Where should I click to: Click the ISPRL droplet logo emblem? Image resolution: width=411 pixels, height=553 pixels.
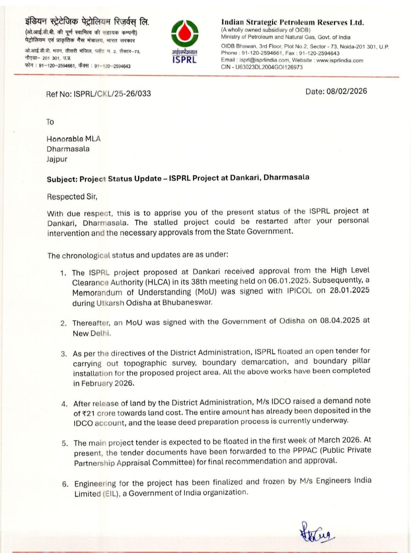185,34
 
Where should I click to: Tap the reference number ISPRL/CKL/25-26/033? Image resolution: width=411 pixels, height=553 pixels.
112,94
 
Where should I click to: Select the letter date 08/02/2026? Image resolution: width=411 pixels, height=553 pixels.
347,91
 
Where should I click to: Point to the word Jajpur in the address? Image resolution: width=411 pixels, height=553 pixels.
57,159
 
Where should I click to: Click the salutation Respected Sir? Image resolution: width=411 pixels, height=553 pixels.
72,197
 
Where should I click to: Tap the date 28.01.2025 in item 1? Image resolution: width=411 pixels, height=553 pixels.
349,290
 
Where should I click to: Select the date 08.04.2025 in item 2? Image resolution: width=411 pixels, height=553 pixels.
340,320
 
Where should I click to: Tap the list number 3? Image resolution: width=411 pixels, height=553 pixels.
64,354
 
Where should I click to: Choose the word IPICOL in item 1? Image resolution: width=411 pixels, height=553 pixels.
299,291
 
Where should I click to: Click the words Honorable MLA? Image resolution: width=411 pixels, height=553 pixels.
73,139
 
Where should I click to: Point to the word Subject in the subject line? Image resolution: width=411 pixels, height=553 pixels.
62,179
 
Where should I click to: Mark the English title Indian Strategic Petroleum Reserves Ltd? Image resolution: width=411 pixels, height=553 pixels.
292,22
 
